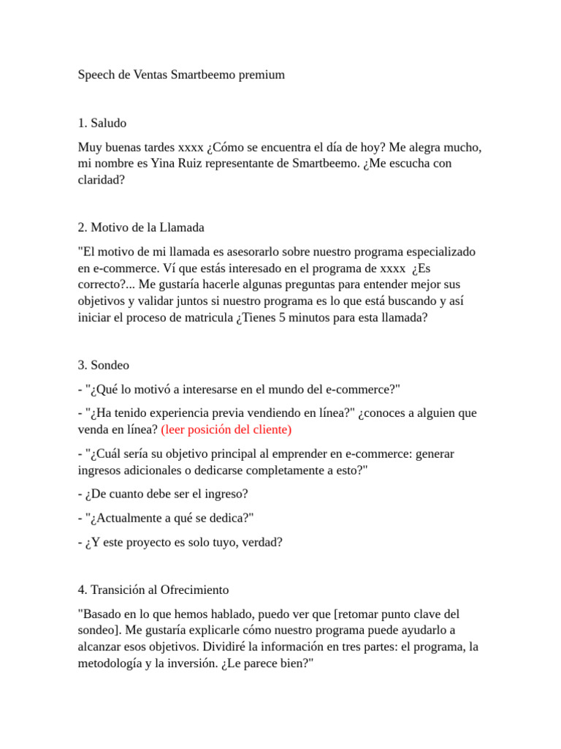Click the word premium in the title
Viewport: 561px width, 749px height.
pyautogui.click(x=262, y=75)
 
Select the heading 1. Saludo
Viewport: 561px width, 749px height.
pyautogui.click(x=107, y=123)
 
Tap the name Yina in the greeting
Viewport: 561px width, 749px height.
pyautogui.click(x=163, y=163)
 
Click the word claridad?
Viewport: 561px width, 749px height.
pyautogui.click(x=102, y=179)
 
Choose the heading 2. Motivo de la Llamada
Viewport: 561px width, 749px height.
pyautogui.click(x=141, y=227)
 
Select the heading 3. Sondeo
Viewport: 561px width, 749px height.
pyautogui.click(x=104, y=364)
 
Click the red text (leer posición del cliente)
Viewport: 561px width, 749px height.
pyautogui.click(x=226, y=429)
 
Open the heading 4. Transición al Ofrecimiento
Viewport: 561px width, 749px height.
pyautogui.click(x=153, y=590)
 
